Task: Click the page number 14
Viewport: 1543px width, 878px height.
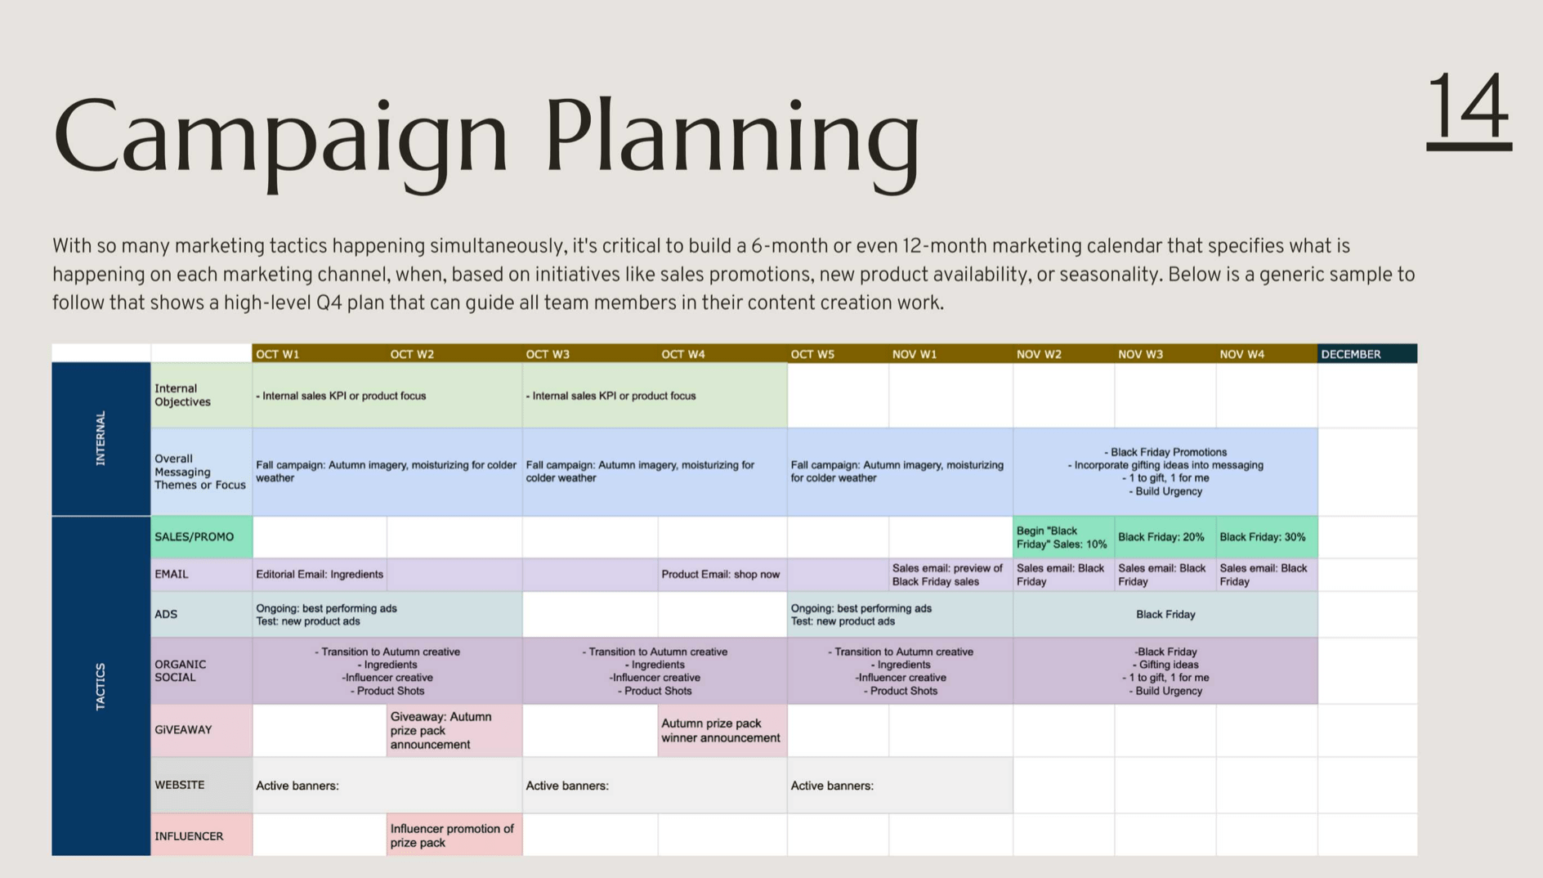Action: [1469, 110]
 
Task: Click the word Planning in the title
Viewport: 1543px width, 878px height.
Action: [733, 141]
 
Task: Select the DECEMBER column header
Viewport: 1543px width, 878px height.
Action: [1367, 354]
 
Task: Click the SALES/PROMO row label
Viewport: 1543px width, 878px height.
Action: [202, 537]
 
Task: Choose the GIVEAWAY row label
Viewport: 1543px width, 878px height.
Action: [202, 730]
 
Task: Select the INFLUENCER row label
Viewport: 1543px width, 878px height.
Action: [202, 835]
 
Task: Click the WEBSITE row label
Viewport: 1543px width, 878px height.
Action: [202, 785]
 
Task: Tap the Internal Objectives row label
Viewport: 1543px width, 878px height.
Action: [202, 395]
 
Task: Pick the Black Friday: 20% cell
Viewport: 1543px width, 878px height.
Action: [1165, 537]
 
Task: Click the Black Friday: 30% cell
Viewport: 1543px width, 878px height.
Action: [1267, 537]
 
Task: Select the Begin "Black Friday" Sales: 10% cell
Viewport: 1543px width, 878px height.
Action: [1063, 537]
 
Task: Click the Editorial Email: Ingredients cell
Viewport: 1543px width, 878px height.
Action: [320, 575]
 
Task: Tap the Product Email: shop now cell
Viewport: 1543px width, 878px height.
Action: [722, 575]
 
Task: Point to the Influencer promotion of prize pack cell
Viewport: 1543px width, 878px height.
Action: [454, 835]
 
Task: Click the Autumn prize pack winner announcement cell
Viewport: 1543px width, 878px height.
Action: [722, 730]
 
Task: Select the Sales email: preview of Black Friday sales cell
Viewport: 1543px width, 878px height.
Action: [950, 575]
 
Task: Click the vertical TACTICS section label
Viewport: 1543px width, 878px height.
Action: [101, 686]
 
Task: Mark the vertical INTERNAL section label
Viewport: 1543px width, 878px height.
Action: [101, 438]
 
